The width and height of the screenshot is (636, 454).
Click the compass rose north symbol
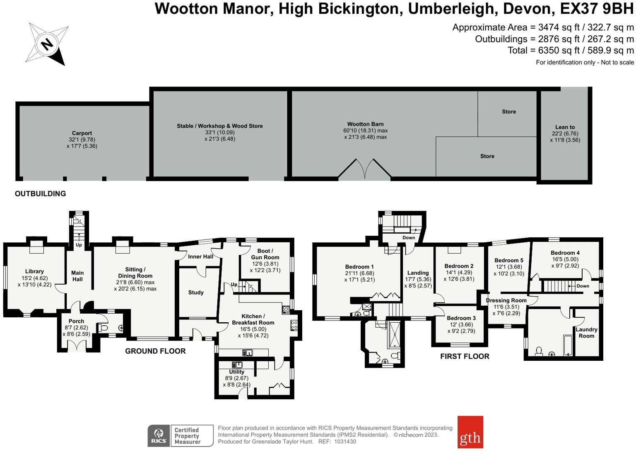[x=47, y=43]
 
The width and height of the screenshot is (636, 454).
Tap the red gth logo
[x=470, y=432]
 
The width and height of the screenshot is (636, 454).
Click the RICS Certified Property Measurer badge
[x=180, y=436]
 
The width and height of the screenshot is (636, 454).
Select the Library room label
[x=34, y=272]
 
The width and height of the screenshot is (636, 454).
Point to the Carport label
[x=82, y=133]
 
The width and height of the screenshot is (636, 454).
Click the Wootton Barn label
[x=365, y=124]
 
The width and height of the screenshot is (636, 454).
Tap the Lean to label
[x=565, y=127]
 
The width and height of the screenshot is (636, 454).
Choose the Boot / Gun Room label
[x=265, y=254]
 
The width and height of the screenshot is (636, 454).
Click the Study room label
[x=196, y=292]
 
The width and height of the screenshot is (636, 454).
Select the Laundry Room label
[x=586, y=333]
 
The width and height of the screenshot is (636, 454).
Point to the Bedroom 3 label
[x=461, y=318]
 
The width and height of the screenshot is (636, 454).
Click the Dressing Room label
[x=506, y=300]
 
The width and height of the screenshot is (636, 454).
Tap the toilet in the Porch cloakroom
[x=104, y=328]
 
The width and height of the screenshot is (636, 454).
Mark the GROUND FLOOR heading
[x=155, y=351]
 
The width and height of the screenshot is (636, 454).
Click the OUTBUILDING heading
[x=40, y=194]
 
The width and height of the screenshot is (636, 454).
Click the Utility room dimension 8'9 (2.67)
[x=236, y=378]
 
